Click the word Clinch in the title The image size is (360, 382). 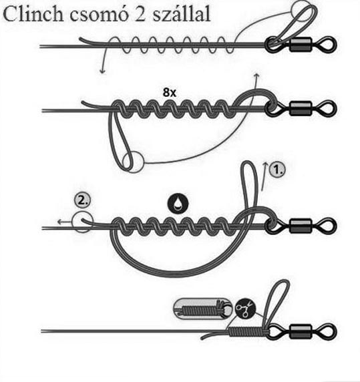[x=33, y=14]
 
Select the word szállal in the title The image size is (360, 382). [x=182, y=14]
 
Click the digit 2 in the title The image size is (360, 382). [x=140, y=14]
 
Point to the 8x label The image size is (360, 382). [x=170, y=93]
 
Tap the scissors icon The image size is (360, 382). [x=246, y=309]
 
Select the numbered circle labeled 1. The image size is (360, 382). [x=277, y=170]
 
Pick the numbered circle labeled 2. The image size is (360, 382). [x=83, y=200]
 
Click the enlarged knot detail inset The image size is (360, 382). [x=203, y=309]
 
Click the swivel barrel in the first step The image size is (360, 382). [x=301, y=44]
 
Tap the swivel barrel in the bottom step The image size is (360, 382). [x=301, y=332]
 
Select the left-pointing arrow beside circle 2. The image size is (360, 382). [x=65, y=222]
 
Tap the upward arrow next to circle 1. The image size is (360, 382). [x=264, y=176]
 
